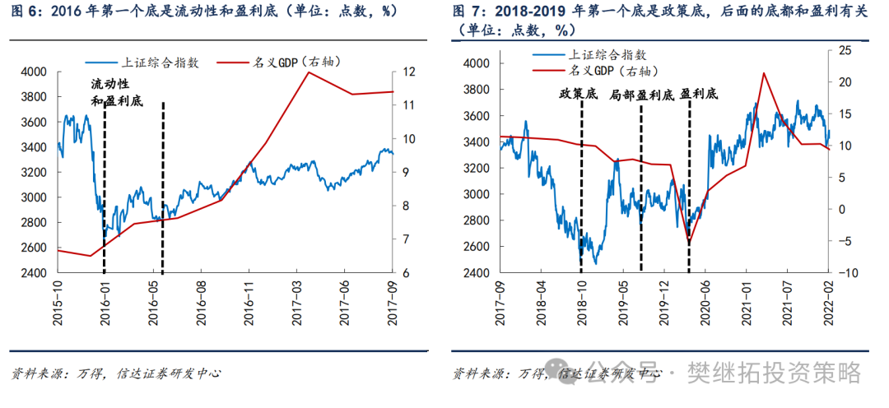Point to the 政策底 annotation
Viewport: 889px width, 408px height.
click(x=579, y=95)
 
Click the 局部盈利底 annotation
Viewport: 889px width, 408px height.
click(x=641, y=95)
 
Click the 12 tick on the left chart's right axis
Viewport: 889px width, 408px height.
click(x=407, y=72)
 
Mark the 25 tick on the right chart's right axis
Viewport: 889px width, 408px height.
click(x=844, y=50)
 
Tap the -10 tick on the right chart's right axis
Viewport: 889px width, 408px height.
click(x=844, y=272)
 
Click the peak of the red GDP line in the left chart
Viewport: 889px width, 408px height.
click(x=308, y=72)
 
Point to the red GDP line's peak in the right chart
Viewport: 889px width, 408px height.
click(x=764, y=73)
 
